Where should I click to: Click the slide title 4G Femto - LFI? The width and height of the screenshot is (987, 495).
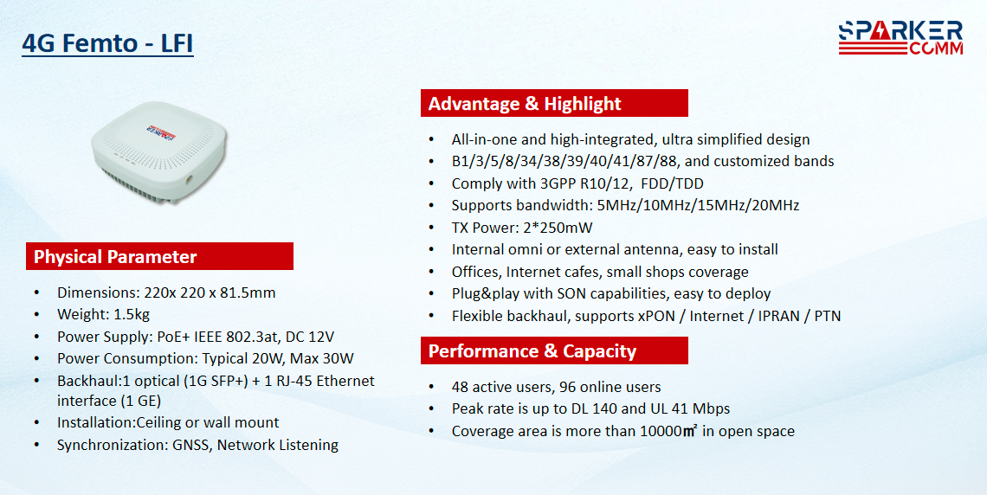[x=107, y=43]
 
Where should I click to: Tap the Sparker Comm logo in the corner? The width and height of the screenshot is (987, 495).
[x=900, y=38]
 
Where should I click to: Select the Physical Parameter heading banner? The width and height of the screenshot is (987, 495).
[x=159, y=257]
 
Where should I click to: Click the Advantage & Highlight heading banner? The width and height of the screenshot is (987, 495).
[x=554, y=103]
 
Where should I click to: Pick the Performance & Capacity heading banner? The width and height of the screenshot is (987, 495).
[x=554, y=351]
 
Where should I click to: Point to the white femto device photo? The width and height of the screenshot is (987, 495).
[x=158, y=153]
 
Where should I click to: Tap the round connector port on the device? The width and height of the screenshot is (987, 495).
[x=188, y=178]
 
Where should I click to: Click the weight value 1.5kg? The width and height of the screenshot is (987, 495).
[x=132, y=314]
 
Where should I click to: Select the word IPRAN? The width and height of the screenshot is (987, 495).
[x=781, y=316]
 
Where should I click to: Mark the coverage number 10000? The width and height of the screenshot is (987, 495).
[x=661, y=432]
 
